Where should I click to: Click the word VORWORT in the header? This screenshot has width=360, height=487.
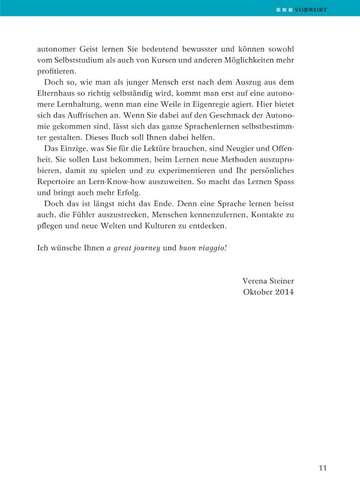(x=311, y=9)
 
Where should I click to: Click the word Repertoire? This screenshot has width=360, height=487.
(x=60, y=181)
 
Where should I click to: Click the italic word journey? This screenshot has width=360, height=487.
(x=145, y=248)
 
